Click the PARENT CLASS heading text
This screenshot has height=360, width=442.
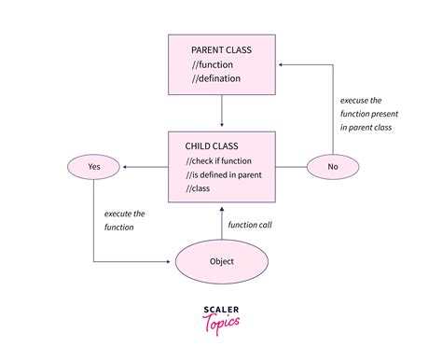(222, 49)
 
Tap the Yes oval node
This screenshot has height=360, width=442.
(93, 168)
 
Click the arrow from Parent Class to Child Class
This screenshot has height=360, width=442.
(222, 112)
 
